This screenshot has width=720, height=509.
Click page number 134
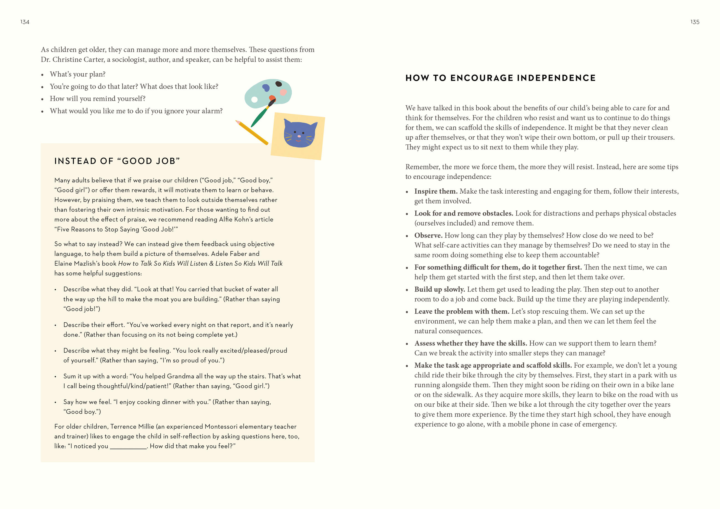25,22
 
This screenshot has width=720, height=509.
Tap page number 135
695,22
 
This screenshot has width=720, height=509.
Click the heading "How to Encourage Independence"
500,78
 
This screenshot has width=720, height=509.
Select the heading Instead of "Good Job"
117,161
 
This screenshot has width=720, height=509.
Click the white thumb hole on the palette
254,100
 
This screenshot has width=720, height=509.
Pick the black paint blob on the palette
278,84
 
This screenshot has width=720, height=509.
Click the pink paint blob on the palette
283,92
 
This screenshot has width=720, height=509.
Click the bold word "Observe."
428,235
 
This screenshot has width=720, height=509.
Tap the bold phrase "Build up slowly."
439,289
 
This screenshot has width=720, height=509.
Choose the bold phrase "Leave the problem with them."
461,311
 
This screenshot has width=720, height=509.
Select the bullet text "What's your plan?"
78,74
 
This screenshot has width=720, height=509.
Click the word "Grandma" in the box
180,376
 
